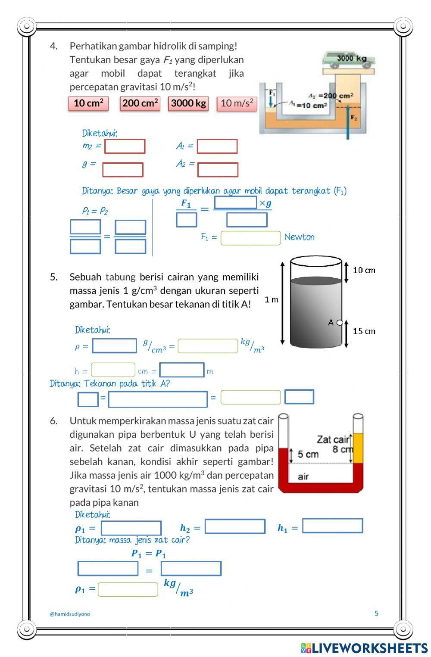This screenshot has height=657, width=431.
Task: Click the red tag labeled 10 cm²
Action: click(88, 103)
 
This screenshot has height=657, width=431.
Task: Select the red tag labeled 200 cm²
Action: click(140, 103)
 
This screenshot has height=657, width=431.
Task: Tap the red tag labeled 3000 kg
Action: click(188, 103)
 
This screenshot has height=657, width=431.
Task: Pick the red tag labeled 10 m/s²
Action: click(237, 103)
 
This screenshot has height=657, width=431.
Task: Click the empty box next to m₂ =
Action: click(125, 146)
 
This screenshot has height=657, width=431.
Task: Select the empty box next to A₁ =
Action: click(217, 146)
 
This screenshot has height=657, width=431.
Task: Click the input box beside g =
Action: click(123, 170)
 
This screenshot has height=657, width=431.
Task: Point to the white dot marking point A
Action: click(340, 323)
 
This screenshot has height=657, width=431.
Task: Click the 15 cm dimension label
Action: click(364, 331)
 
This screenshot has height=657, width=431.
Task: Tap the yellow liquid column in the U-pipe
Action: click(358, 448)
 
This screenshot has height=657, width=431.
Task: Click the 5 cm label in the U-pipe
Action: click(308, 455)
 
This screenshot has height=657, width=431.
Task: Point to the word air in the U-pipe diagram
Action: click(303, 476)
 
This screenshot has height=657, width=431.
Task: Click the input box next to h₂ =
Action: click(235, 526)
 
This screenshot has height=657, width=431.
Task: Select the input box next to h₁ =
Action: click(332, 526)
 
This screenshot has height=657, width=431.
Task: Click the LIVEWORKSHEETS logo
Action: click(364, 648)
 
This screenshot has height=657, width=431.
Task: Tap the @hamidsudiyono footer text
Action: click(70, 614)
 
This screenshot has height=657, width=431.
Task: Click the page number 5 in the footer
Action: click(376, 613)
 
